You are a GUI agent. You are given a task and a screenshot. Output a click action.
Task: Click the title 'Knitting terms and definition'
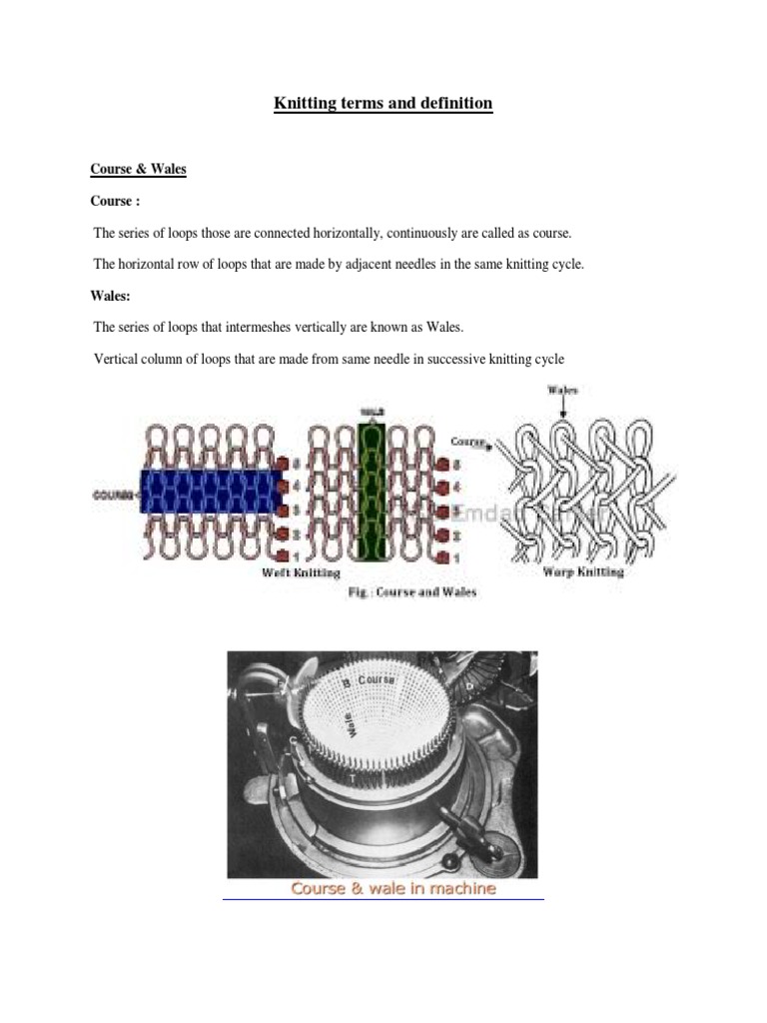click(x=383, y=103)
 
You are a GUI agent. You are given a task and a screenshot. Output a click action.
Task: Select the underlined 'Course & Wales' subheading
click(x=139, y=169)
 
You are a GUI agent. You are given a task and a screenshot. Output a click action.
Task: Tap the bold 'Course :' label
click(x=113, y=201)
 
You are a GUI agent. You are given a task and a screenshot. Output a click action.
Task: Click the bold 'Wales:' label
click(x=111, y=296)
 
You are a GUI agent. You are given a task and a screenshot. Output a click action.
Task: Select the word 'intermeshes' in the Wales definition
click(x=258, y=327)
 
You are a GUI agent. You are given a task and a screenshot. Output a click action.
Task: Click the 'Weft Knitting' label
click(x=301, y=573)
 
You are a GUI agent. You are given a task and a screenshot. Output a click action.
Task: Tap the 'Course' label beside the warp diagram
click(x=467, y=440)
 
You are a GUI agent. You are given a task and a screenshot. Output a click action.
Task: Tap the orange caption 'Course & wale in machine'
click(x=392, y=887)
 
